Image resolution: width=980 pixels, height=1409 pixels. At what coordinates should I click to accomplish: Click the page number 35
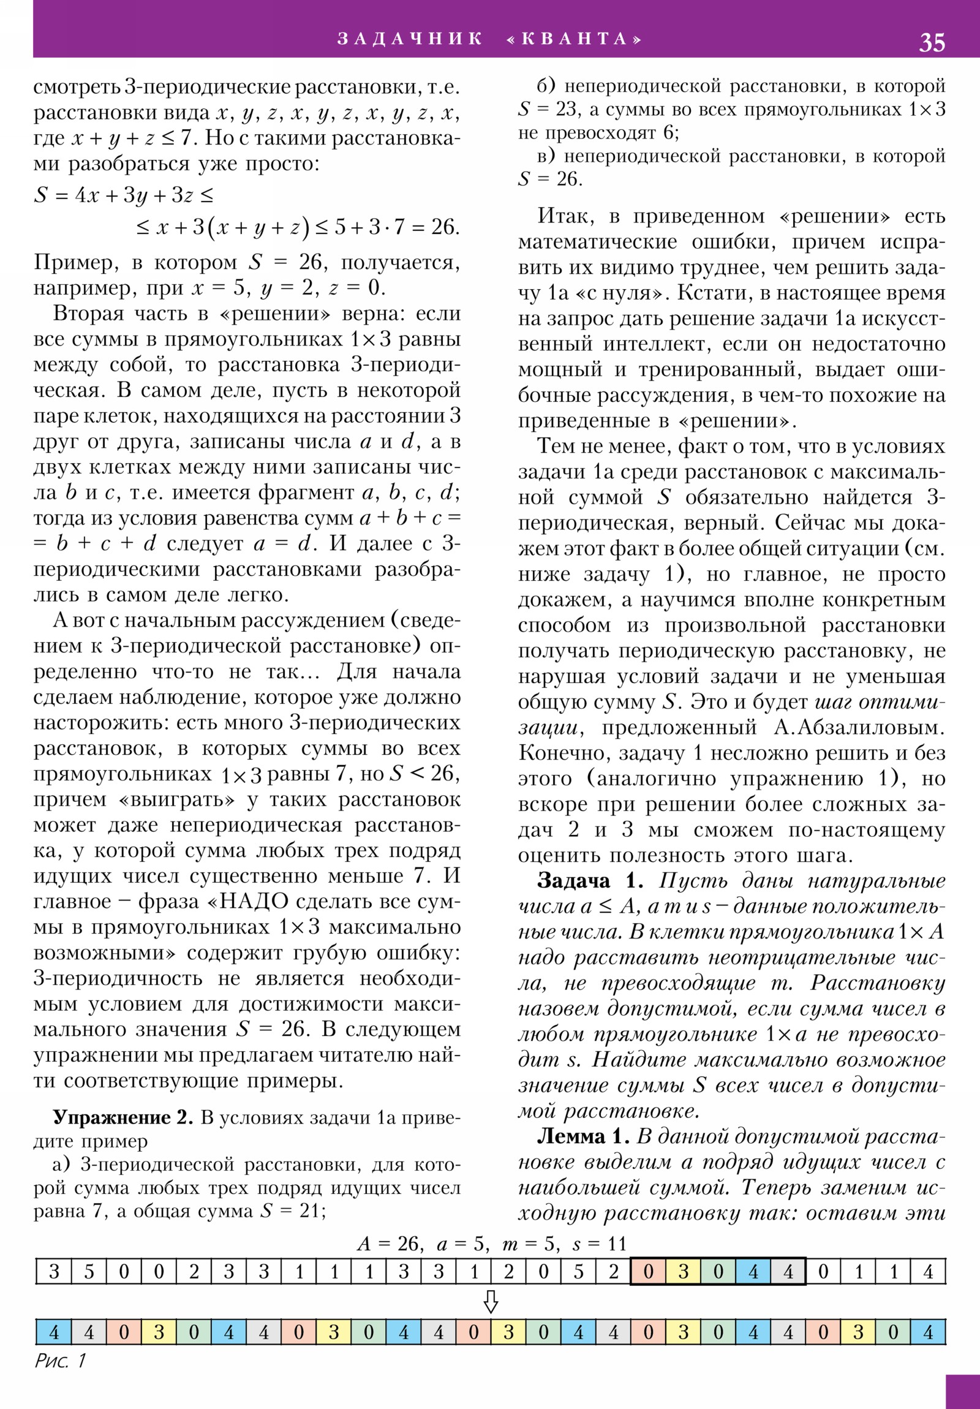click(x=932, y=42)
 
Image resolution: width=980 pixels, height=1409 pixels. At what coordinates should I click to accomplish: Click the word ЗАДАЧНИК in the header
click(x=410, y=39)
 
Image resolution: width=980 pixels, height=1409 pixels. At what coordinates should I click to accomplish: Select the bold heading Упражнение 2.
click(x=123, y=1117)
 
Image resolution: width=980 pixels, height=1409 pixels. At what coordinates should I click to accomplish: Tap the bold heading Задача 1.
click(x=590, y=882)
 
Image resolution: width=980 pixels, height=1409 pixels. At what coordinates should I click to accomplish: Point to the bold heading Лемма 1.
click(x=583, y=1136)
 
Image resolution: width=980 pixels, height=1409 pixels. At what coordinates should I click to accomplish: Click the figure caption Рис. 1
click(x=60, y=1361)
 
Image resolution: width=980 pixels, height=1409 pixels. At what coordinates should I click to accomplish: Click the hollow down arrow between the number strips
click(x=491, y=1301)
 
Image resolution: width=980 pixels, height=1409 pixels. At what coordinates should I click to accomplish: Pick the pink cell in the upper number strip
click(x=648, y=1272)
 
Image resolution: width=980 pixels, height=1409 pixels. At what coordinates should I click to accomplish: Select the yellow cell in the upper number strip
click(x=683, y=1272)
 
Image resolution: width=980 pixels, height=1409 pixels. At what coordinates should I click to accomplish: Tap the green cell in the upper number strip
click(x=718, y=1272)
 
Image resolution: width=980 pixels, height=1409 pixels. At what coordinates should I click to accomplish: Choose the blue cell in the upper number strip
click(x=753, y=1272)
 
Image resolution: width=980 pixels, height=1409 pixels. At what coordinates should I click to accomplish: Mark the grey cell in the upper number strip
click(x=788, y=1272)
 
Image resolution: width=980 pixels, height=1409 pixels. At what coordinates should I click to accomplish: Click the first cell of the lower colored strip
click(x=53, y=1332)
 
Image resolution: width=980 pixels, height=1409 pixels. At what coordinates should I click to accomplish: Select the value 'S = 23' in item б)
click(x=547, y=109)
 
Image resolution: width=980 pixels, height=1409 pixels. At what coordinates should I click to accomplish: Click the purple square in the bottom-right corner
click(x=962, y=1391)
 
